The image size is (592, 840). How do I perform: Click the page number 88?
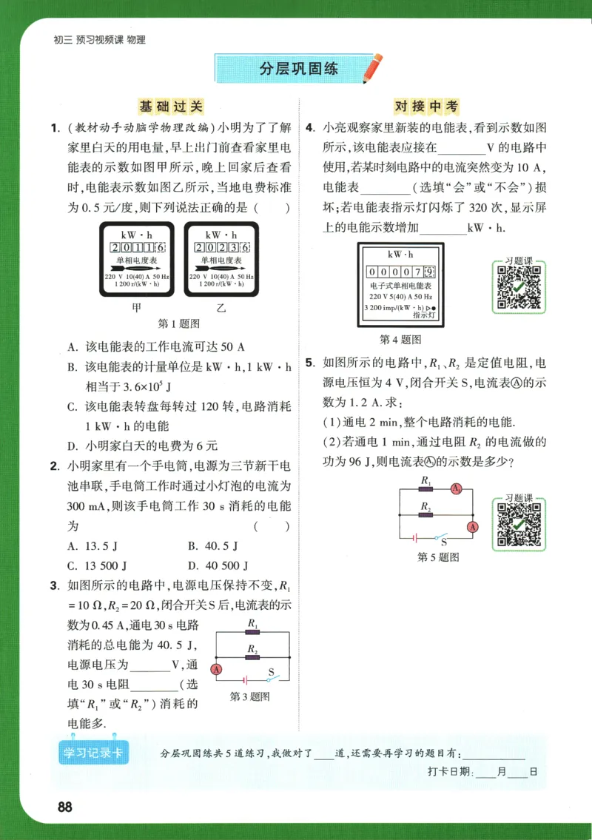pos(64,807)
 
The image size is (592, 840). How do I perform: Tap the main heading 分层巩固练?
pos(299,69)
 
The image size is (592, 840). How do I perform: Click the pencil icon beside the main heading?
pos(374,67)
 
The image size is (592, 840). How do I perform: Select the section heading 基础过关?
pos(170,107)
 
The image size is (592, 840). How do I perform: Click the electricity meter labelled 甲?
pos(136,259)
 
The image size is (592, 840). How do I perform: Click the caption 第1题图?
pos(179,324)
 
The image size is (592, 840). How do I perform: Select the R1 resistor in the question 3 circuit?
pos(252,634)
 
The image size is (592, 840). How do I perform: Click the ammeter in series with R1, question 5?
pos(457,489)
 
